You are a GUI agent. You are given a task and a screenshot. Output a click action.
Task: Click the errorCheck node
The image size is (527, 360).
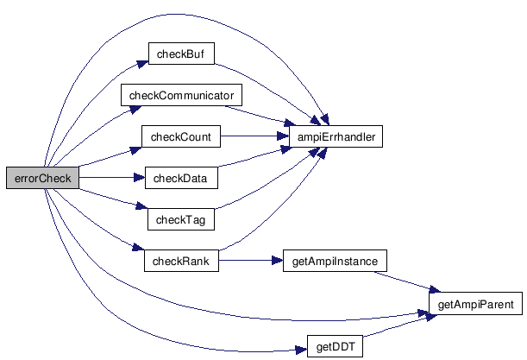[42, 178]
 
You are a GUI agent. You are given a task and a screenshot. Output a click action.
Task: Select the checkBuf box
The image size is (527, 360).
[179, 54]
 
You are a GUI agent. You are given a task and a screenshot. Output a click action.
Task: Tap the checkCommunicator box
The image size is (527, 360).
[180, 94]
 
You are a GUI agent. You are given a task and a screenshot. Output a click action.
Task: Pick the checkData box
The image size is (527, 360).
[180, 178]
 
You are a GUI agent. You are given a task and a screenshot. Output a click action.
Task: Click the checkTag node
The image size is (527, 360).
[179, 219]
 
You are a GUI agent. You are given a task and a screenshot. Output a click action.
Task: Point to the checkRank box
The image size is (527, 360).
[180, 261]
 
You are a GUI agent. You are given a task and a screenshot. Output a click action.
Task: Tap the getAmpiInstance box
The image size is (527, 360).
[335, 261]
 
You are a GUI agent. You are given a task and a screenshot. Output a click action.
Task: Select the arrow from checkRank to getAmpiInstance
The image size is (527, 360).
[250, 261]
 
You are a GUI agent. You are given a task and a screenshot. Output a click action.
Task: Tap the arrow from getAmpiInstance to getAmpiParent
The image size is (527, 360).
[405, 281]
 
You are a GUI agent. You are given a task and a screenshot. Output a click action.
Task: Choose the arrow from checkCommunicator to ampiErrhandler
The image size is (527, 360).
[259, 115]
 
